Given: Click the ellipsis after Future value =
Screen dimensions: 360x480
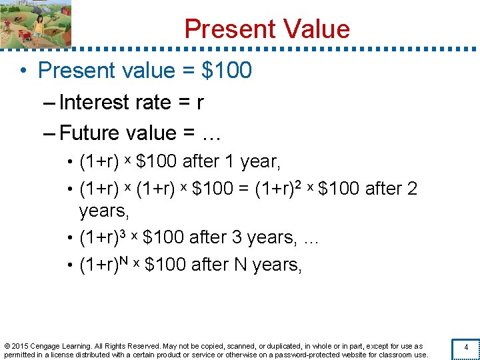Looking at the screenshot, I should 211,134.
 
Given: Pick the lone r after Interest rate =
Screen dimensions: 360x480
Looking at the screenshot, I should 199,103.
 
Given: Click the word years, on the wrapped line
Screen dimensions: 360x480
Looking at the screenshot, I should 103,211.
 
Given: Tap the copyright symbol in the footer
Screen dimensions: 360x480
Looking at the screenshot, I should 7,346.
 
